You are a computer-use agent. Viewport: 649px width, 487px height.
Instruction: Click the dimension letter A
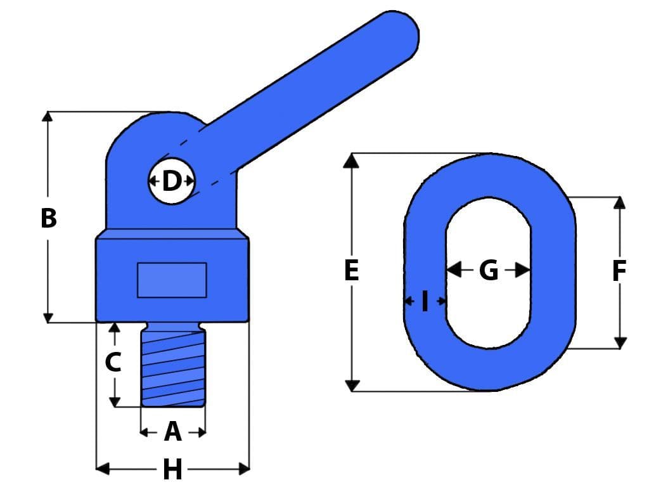click(172, 432)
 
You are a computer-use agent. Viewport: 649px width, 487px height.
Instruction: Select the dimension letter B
click(48, 218)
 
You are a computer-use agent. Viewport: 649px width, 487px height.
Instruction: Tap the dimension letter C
click(113, 363)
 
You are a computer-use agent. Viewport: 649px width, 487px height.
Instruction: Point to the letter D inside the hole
click(172, 181)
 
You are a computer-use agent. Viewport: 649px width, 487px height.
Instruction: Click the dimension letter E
click(351, 271)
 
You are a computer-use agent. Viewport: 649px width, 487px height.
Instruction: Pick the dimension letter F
click(619, 271)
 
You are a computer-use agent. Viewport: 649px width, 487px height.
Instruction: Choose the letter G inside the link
click(488, 271)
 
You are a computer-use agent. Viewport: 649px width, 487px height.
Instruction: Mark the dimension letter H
click(172, 470)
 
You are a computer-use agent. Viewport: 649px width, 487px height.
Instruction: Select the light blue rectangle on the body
click(172, 280)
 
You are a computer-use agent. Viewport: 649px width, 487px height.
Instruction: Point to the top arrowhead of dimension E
click(351, 160)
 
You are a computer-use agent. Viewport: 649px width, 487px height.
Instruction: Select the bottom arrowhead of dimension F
click(620, 342)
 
